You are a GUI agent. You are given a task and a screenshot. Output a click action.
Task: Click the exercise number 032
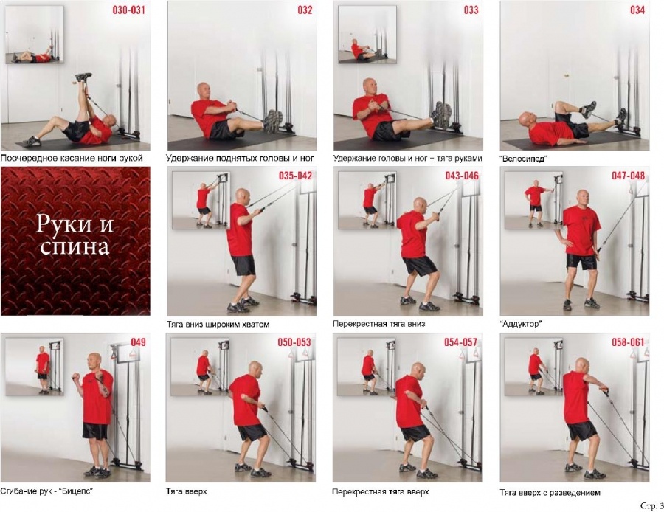click(305, 10)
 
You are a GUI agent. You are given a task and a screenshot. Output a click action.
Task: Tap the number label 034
click(637, 10)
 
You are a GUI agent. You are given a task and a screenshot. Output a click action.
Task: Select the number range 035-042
click(295, 176)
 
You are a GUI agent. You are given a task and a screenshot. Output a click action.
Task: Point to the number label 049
click(138, 342)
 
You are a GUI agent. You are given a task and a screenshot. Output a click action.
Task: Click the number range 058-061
click(628, 342)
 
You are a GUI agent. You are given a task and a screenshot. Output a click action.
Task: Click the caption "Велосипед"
click(524, 159)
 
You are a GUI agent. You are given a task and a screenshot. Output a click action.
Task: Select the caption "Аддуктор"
click(520, 324)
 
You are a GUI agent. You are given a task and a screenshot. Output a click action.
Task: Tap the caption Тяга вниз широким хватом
click(218, 325)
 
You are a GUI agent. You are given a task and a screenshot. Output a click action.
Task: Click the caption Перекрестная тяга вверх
click(380, 491)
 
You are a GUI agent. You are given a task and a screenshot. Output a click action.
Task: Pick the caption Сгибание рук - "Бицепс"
click(46, 491)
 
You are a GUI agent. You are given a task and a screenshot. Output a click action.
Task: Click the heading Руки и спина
click(75, 235)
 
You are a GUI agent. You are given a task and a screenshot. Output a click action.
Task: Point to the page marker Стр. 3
click(651, 505)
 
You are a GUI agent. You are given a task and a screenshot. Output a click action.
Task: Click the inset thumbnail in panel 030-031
click(35, 35)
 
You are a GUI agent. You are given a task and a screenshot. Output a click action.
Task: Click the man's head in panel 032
click(204, 91)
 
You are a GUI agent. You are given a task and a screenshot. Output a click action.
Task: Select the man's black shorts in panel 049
click(95, 431)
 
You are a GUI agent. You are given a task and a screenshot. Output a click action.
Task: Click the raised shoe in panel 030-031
click(84, 77)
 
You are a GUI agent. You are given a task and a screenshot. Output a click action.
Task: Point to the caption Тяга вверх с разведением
click(550, 493)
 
